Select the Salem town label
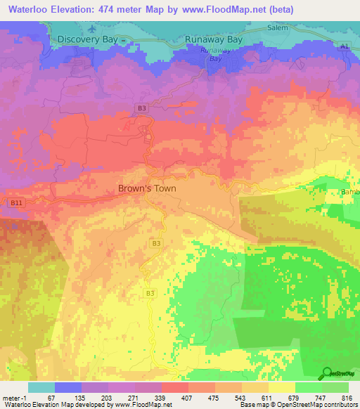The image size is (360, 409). pyautogui.click(x=278, y=28)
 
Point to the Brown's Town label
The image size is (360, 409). pyautogui.click(x=146, y=188)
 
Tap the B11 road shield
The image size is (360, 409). pyautogui.click(x=15, y=202)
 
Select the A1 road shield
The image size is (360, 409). pyautogui.click(x=344, y=46)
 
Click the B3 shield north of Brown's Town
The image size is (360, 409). pyautogui.click(x=141, y=108)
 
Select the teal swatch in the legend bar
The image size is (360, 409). pyautogui.click(x=41, y=387)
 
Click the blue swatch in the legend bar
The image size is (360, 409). pyautogui.click(x=68, y=387)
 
